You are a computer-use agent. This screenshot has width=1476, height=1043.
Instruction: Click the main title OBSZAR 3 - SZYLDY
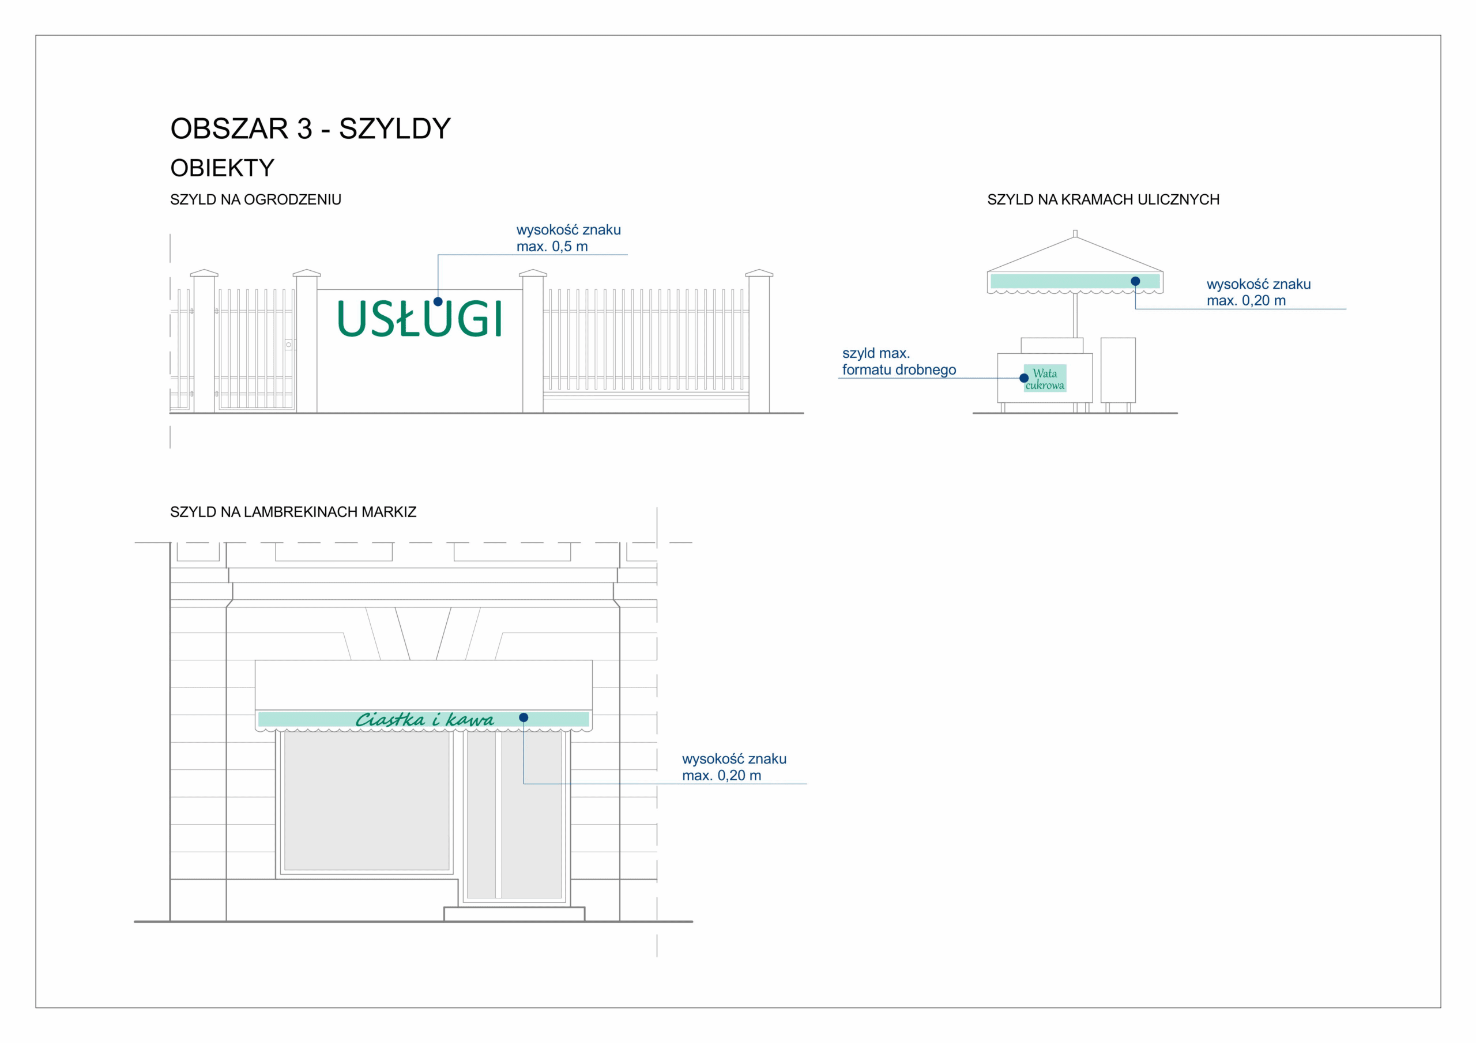click(x=311, y=129)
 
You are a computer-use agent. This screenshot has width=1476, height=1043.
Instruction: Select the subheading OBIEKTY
click(x=222, y=168)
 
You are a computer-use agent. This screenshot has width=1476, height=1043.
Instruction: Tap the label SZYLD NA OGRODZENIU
click(x=255, y=200)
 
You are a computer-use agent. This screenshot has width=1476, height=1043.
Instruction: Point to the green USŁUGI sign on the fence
click(x=419, y=319)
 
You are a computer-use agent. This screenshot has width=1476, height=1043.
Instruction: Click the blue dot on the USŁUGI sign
click(x=438, y=301)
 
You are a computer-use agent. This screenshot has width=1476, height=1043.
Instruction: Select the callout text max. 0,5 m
click(x=552, y=247)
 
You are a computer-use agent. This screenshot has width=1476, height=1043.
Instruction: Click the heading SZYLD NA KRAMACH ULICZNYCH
click(x=1103, y=200)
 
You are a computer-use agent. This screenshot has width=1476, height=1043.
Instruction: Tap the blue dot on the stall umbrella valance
click(x=1135, y=281)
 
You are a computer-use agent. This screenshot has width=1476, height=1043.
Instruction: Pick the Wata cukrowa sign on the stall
click(x=1045, y=379)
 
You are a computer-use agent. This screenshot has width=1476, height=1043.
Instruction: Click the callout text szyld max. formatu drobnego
click(x=898, y=362)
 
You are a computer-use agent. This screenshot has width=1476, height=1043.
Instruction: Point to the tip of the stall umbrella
click(x=1075, y=234)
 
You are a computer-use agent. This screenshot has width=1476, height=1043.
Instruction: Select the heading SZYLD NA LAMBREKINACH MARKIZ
click(x=293, y=512)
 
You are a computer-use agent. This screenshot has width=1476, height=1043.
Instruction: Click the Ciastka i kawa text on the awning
click(x=424, y=720)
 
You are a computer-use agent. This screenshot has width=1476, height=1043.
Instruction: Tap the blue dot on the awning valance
click(x=524, y=718)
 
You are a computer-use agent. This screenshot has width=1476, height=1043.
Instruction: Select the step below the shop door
click(x=514, y=914)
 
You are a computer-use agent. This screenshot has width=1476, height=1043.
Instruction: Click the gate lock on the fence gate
click(x=289, y=345)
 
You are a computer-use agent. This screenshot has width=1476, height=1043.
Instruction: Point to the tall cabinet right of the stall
click(x=1118, y=370)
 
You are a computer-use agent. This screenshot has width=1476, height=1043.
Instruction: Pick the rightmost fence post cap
click(x=759, y=273)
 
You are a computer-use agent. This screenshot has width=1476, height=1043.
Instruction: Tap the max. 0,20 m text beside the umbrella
click(x=1246, y=301)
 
